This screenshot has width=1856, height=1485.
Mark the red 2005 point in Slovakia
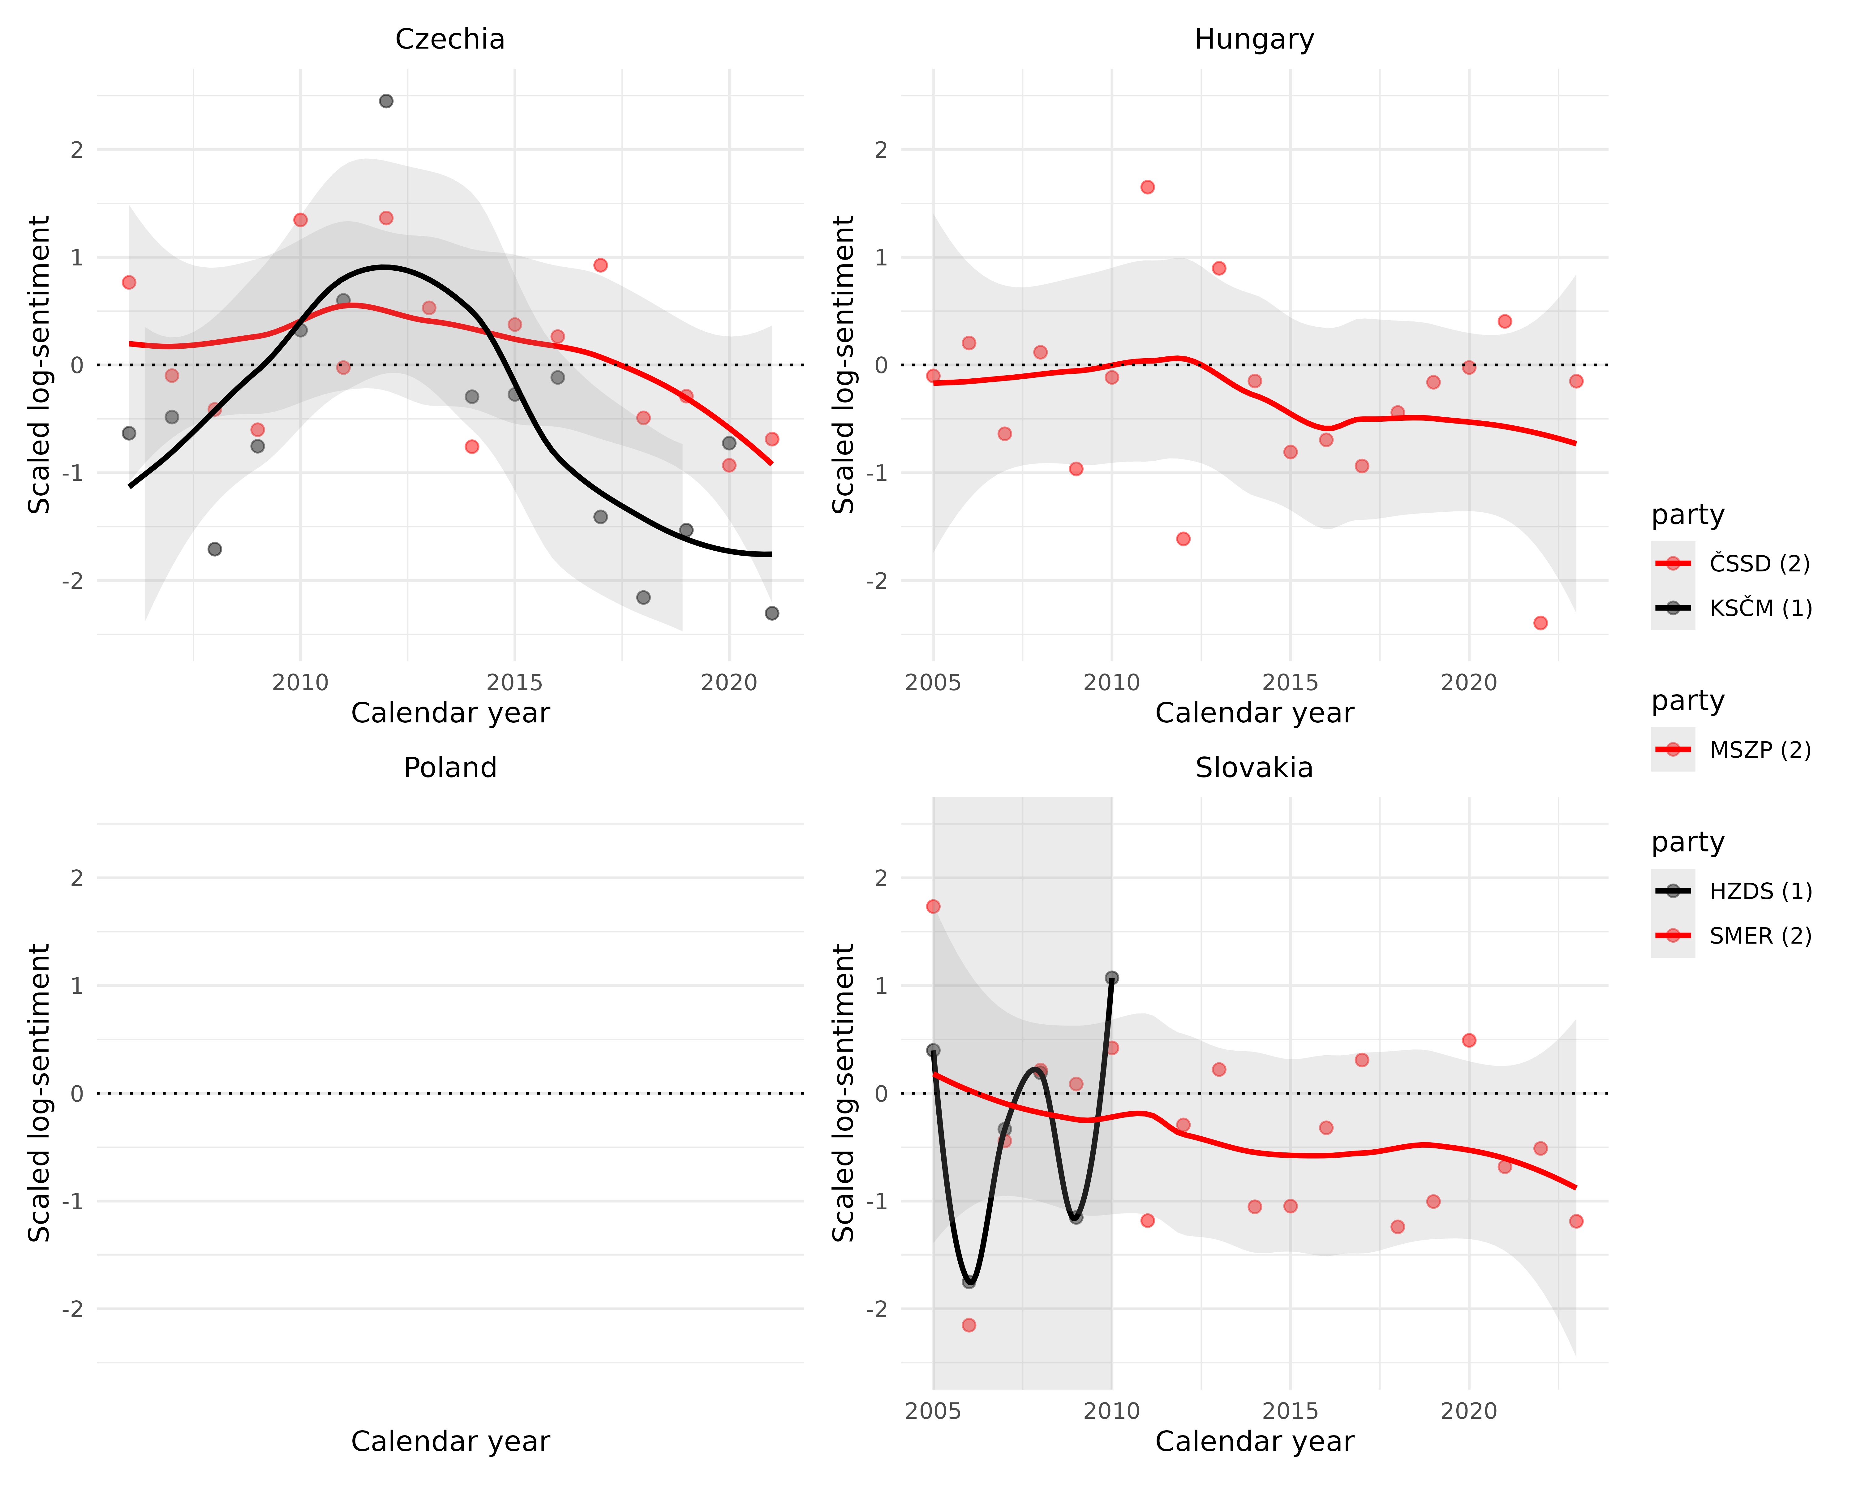tap(933, 906)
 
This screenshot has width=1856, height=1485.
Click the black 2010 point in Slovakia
tap(1111, 978)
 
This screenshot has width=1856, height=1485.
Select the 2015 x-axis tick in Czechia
tap(515, 683)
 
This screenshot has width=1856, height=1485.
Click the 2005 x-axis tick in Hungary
tap(933, 683)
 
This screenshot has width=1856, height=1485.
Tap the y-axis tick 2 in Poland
tap(77, 878)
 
